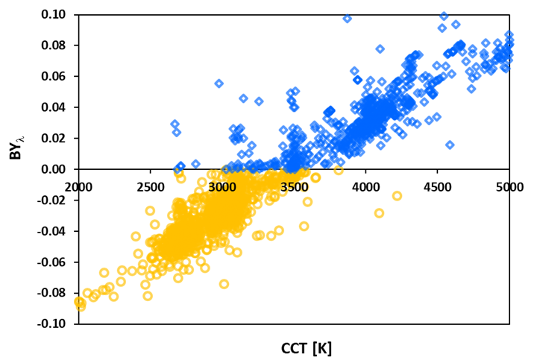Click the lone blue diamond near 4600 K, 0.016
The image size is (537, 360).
pyautogui.click(x=450, y=145)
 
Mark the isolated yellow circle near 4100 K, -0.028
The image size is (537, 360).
pyautogui.click(x=379, y=213)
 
